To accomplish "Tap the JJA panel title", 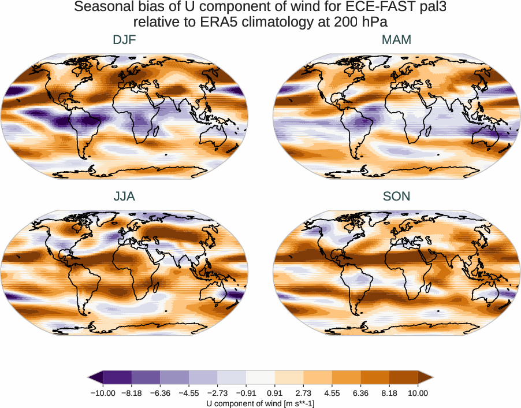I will click(125, 196).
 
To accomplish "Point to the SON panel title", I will click(396, 196).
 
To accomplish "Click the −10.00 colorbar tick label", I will click(103, 393).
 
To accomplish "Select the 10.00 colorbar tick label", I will click(418, 393).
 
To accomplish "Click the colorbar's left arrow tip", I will click(89, 377).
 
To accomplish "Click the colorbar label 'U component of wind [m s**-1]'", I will click(260, 403).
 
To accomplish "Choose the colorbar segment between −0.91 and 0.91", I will click(260, 377).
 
